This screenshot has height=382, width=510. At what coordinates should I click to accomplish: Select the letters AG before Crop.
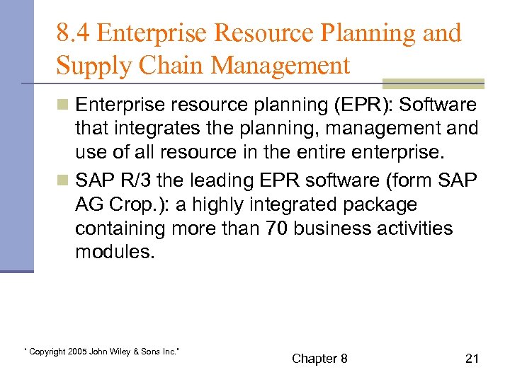pos(90,205)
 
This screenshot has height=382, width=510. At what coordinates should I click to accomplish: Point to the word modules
pos(114,251)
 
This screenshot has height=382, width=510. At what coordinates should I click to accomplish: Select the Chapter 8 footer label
pos(319,359)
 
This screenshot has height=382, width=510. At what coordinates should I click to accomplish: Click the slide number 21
pos(472,359)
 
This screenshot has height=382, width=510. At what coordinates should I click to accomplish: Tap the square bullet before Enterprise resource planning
pos(64,106)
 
